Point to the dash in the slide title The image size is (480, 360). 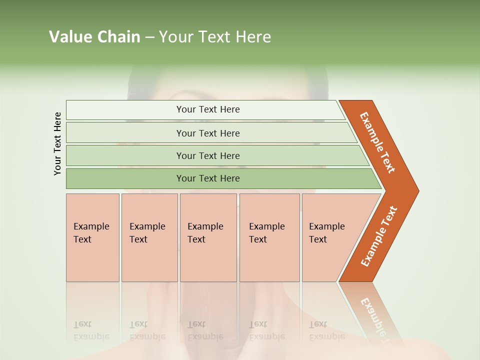click(149, 37)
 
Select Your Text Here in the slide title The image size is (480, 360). click(215, 37)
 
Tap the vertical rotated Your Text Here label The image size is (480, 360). click(57, 143)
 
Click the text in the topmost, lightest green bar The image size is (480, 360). click(208, 109)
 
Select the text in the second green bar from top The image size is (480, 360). click(208, 133)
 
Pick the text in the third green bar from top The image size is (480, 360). click(208, 156)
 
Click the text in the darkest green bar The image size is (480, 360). click(208, 178)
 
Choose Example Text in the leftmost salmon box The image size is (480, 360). click(91, 233)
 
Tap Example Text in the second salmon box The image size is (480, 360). click(147, 233)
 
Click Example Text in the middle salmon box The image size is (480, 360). click(205, 233)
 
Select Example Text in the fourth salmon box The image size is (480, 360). click(266, 233)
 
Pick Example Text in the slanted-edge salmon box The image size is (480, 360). click(326, 233)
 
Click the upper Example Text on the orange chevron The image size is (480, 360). click(377, 142)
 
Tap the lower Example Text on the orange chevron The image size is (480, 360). click(379, 236)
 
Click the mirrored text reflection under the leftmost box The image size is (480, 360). click(91, 330)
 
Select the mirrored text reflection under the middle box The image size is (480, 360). click(205, 330)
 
